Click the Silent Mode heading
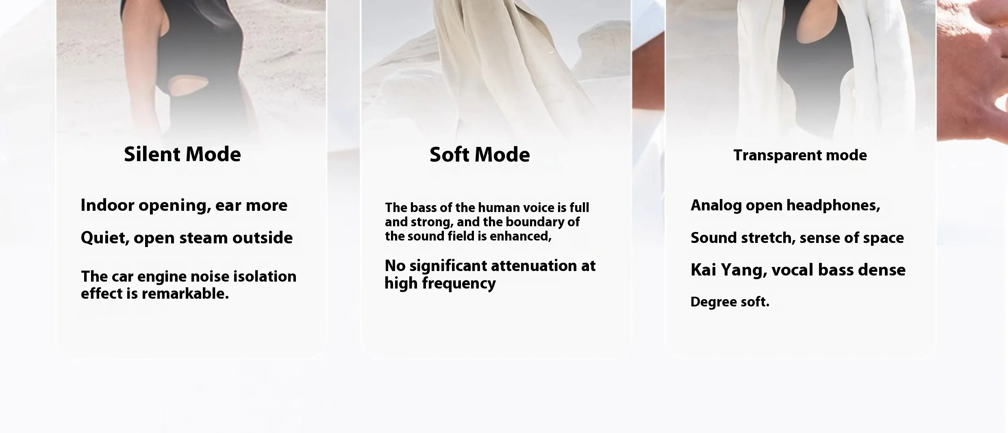point(182,155)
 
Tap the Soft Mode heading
point(480,155)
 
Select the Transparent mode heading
point(800,155)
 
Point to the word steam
point(203,238)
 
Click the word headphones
point(833,205)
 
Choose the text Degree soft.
point(730,302)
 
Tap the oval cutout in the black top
point(188,87)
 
